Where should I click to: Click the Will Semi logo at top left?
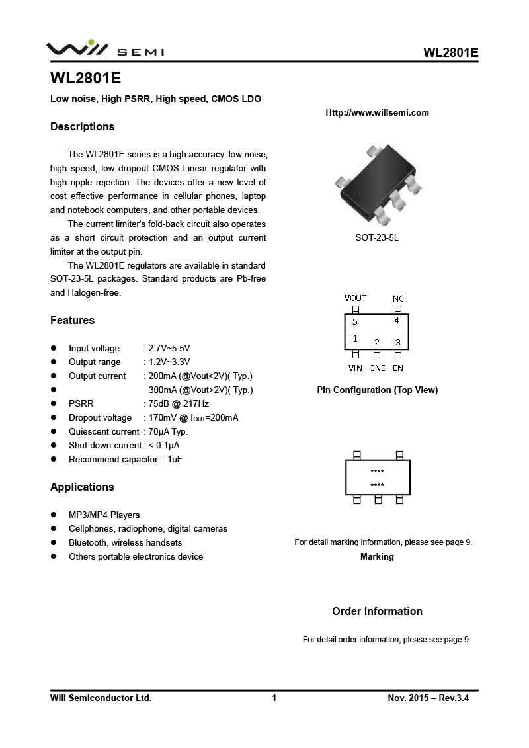[x=104, y=49]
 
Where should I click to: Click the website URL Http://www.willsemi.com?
[x=377, y=112]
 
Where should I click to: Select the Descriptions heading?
[x=83, y=126]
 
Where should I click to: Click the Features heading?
[x=73, y=320]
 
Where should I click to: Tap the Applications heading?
[x=82, y=487]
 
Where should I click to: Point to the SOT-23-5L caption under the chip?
[x=377, y=237]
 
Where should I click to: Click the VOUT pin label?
[x=355, y=298]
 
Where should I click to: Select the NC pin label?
[x=398, y=299]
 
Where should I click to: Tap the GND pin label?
[x=378, y=368]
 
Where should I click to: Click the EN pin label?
[x=398, y=368]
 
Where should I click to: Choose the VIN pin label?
[x=356, y=368]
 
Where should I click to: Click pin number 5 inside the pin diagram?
[x=355, y=322]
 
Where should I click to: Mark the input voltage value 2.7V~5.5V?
[x=169, y=348]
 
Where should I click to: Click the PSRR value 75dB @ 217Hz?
[x=179, y=403]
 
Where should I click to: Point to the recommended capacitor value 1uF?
[x=175, y=459]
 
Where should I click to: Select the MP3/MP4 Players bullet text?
[x=104, y=515]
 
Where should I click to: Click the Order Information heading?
[x=377, y=611]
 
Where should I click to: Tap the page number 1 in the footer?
[x=274, y=698]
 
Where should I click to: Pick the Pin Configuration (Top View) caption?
[x=377, y=390]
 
